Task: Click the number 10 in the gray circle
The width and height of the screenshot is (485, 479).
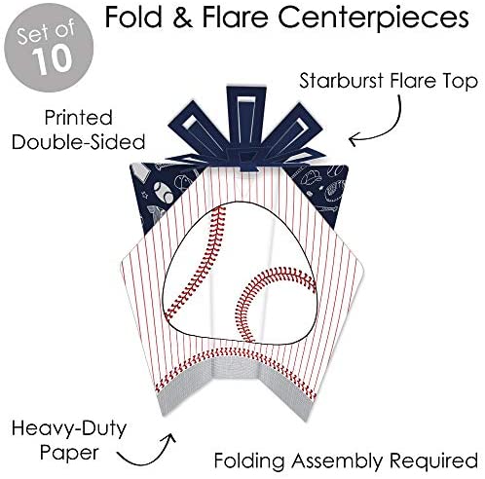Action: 52,59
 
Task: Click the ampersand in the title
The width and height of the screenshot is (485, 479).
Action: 182,18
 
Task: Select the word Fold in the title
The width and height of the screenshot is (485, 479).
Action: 133,17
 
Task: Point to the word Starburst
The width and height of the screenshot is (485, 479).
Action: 341,81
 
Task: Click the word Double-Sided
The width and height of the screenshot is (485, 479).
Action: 78,142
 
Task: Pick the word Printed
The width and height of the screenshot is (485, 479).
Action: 79,118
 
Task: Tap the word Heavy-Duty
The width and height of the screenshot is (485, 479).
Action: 69,429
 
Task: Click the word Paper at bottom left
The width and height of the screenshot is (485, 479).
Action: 69,453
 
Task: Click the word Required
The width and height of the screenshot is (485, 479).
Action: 433,461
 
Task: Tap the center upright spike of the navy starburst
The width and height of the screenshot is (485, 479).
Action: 245,117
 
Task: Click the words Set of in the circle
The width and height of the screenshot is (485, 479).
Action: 46,31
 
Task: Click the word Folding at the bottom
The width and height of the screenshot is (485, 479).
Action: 249,461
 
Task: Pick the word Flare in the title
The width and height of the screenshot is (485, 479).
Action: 235,17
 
